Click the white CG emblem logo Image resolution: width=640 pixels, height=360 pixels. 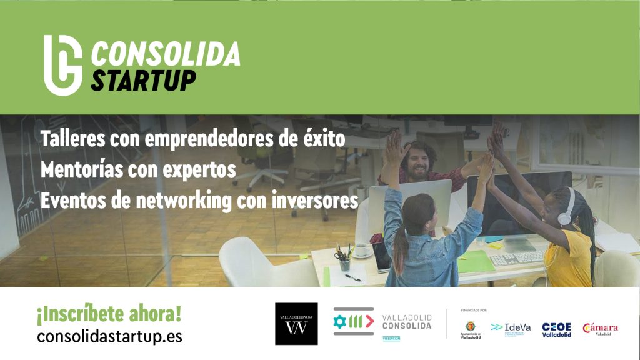click(62, 64)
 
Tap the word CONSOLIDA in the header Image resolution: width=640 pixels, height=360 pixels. click(166, 54)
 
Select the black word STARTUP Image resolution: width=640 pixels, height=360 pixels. click(143, 81)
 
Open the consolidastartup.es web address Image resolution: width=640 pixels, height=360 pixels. click(109, 336)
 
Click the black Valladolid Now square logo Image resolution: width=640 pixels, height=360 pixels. click(296, 324)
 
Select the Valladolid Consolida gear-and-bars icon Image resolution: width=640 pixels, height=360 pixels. click(353, 321)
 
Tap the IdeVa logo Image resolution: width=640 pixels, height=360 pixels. click(511, 327)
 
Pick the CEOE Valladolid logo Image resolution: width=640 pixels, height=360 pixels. click(556, 329)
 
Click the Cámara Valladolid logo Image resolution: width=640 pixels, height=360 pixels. click(600, 329)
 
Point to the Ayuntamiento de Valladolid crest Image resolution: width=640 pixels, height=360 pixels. click(470, 327)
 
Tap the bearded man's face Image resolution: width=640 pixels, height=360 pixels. click(417, 162)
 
